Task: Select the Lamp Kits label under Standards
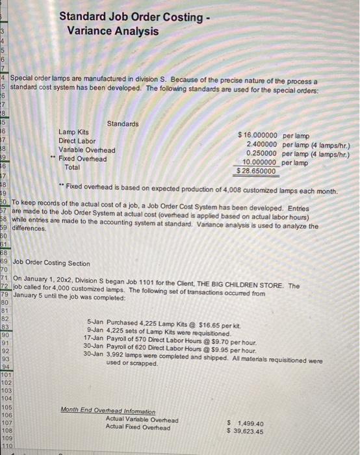point(74,133)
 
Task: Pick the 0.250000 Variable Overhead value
point(262,153)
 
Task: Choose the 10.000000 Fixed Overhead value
point(260,162)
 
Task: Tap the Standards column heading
point(123,123)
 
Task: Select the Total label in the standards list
point(72,167)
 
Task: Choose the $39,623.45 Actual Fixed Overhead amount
point(245,432)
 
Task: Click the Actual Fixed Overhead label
point(138,428)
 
